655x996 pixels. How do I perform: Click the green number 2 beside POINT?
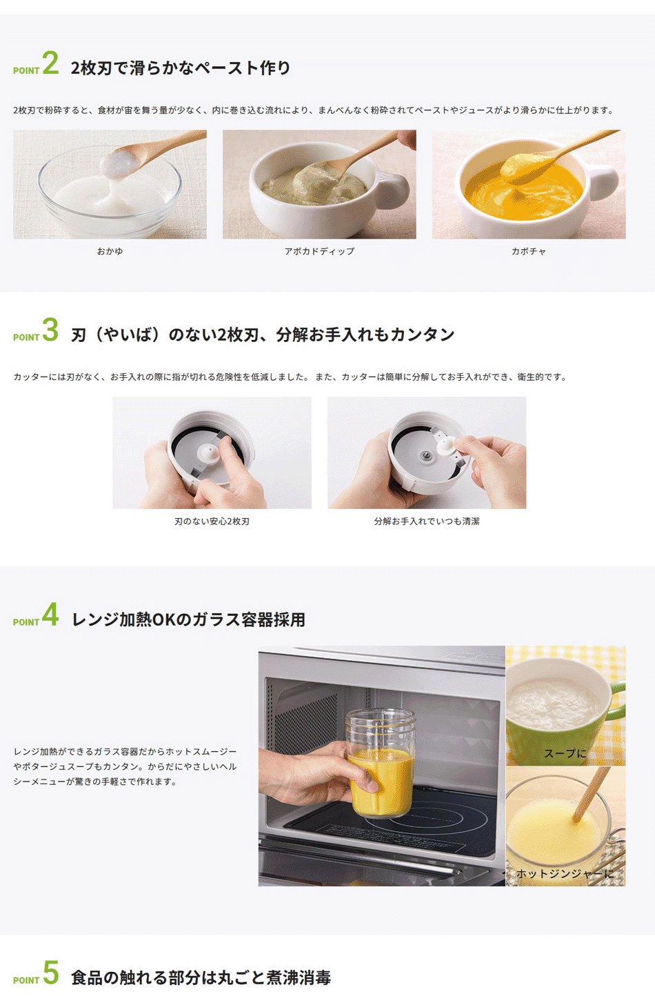point(50,63)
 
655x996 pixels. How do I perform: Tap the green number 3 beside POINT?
point(50,330)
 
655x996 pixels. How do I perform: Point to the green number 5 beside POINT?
point(51,972)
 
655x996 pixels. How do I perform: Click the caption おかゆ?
point(110,251)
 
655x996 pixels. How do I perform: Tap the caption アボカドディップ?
point(319,251)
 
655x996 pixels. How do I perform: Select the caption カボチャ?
point(529,251)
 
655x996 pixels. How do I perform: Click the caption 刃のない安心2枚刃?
point(212,521)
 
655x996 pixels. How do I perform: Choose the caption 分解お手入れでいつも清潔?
point(427,521)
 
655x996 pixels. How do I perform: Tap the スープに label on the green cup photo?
point(565,753)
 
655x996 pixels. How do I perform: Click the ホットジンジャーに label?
point(565,873)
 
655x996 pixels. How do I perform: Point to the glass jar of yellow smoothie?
point(381,763)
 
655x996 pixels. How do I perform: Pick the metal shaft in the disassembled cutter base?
point(426,455)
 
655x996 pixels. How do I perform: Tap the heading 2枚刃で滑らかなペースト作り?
point(181,68)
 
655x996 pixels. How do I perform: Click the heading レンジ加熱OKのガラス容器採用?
point(188,619)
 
